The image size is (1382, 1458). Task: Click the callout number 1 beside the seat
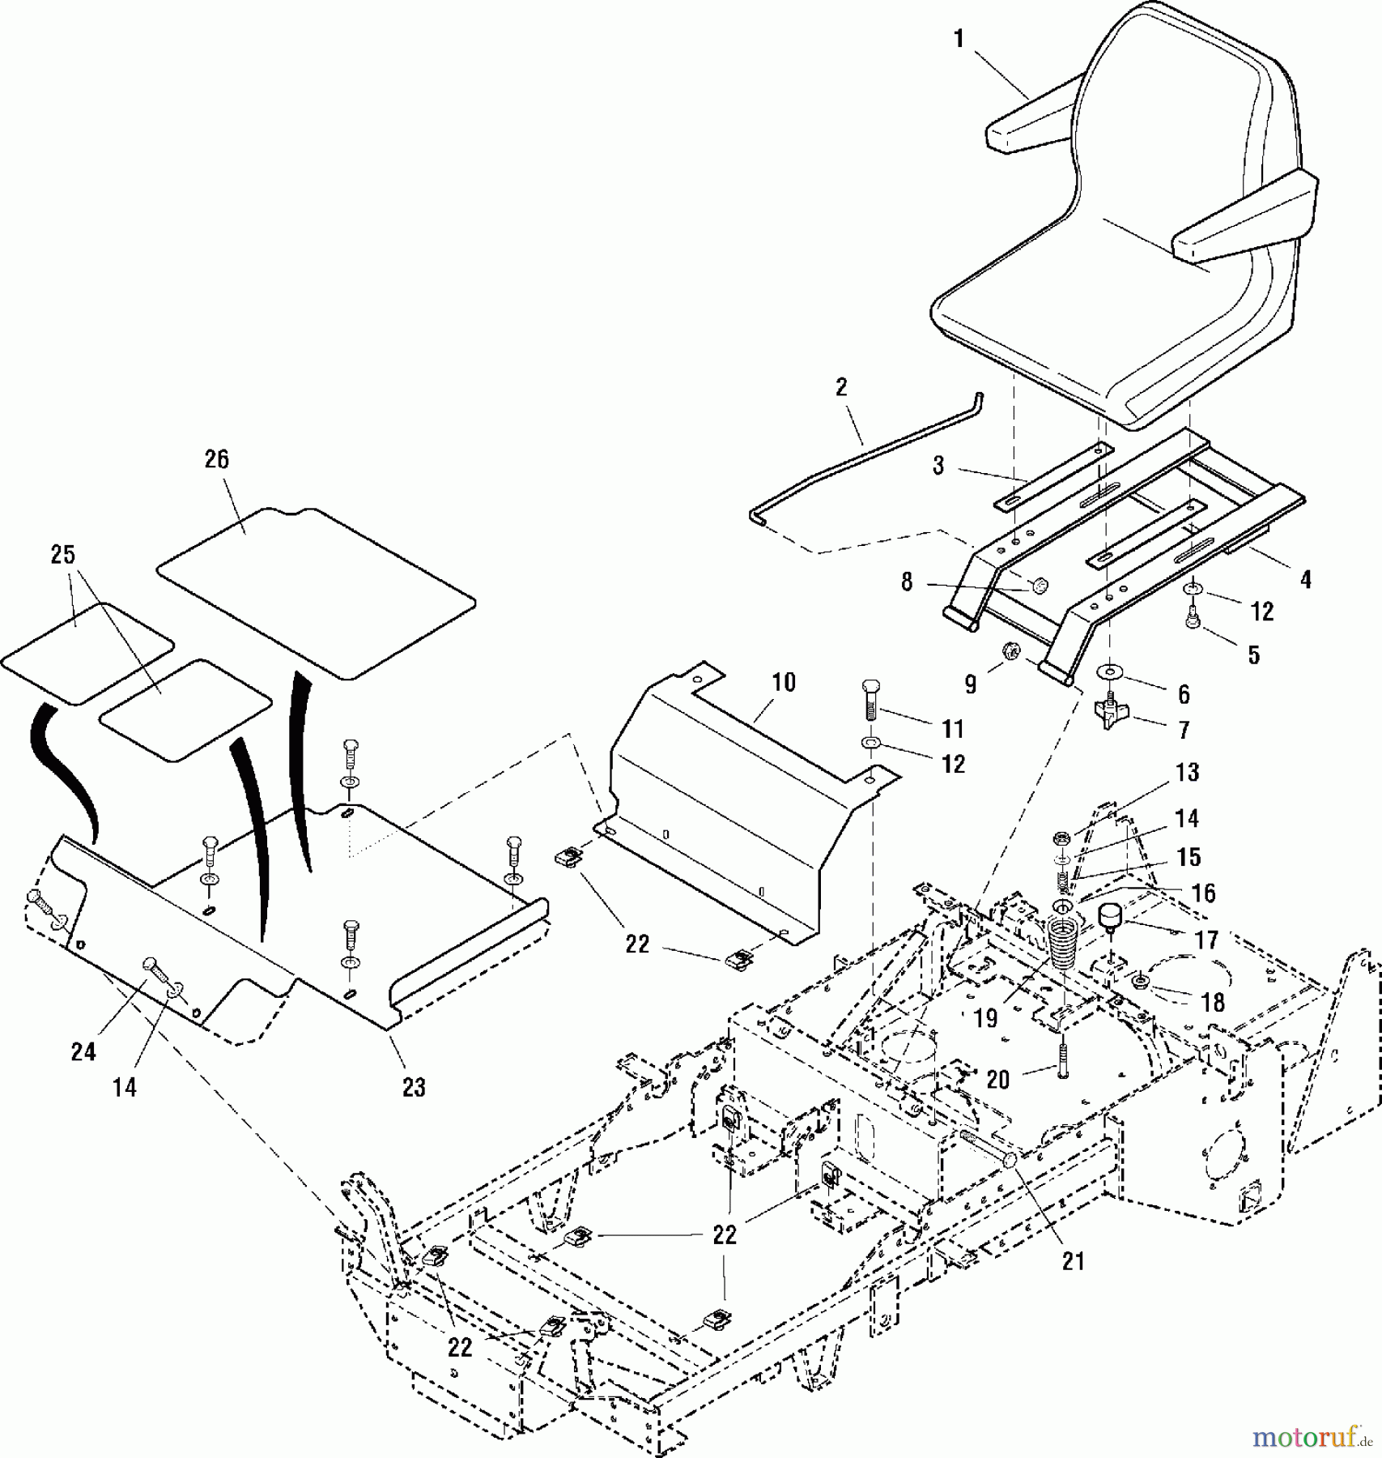tap(959, 38)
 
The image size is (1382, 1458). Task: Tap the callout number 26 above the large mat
tap(217, 459)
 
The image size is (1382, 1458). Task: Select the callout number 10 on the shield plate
tap(784, 682)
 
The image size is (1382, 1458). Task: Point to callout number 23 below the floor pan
tap(414, 1087)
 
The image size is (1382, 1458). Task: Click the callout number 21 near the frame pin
tap(1073, 1261)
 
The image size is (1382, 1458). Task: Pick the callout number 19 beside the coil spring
tap(985, 1018)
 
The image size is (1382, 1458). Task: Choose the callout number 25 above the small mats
tap(62, 555)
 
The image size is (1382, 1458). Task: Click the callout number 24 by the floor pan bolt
tap(83, 1052)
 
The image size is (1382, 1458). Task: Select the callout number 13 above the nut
tap(1187, 773)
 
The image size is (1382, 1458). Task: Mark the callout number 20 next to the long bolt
tap(998, 1080)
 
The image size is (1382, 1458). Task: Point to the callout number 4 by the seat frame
tap(1305, 579)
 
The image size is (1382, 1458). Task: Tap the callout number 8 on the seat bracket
tap(907, 582)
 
